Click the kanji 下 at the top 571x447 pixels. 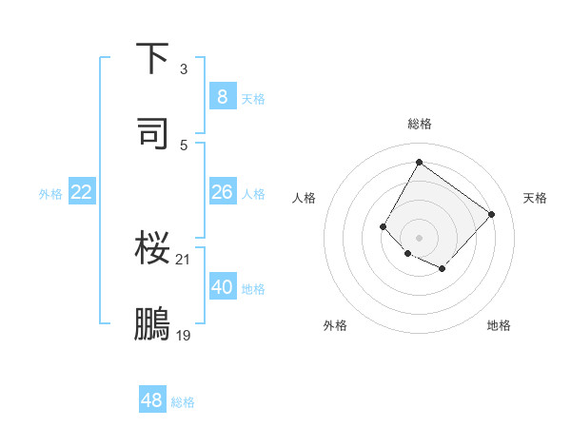153,60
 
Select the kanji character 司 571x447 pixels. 153,134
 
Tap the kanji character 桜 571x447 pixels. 153,250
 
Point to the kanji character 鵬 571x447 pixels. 153,324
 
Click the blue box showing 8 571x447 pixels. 222,96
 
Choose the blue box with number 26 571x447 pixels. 222,192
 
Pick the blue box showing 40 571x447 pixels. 222,287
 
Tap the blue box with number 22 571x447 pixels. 82,192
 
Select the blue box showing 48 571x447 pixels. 152,400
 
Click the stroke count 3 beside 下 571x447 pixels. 184,69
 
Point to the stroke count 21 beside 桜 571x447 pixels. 184,259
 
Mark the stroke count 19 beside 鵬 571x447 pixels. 184,334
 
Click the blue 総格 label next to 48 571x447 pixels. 183,402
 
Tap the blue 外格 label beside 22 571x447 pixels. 50,194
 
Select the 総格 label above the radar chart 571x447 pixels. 420,124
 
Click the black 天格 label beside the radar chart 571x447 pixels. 536,198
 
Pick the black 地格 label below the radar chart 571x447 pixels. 499,325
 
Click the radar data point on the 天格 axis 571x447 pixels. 491,214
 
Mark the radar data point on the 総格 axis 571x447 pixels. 419,163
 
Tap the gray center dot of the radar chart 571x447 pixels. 419,237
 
